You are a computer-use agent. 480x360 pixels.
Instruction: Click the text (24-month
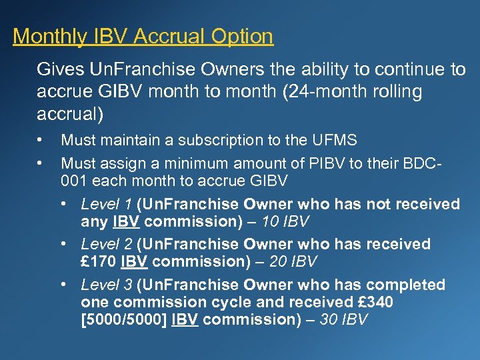coord(315,92)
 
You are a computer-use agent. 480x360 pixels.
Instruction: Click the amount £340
coord(375,303)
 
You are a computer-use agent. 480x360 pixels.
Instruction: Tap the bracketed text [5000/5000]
coord(124,319)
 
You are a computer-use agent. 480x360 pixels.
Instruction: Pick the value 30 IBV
coord(343,319)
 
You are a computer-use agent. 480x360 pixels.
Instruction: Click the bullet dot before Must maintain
coord(42,140)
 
